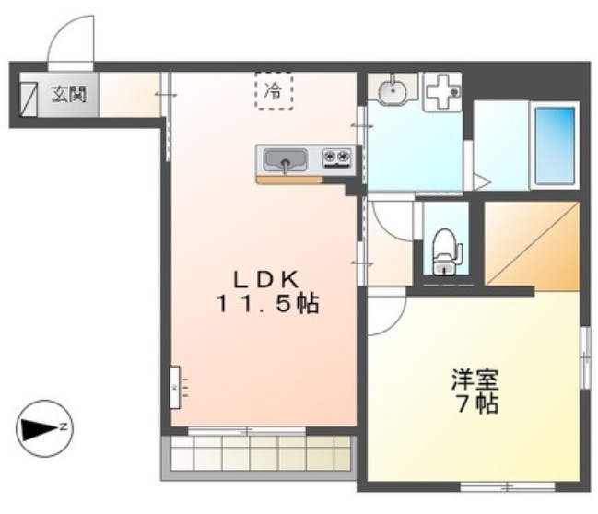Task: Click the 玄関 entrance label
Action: [69, 94]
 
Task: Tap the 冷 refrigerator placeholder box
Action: [274, 91]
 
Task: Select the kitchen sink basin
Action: [286, 160]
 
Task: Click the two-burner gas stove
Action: [337, 158]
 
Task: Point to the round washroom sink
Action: [392, 92]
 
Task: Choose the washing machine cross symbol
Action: [443, 91]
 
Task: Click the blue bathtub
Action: [555, 146]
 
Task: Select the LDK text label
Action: [265, 280]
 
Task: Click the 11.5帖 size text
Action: [267, 304]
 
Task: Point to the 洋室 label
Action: [475, 380]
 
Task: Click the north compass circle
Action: [44, 428]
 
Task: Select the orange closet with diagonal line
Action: [532, 246]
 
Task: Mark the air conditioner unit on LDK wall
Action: [175, 387]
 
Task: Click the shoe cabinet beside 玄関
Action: [29, 99]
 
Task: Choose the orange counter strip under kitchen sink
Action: [289, 180]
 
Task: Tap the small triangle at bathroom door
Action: [480, 181]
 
